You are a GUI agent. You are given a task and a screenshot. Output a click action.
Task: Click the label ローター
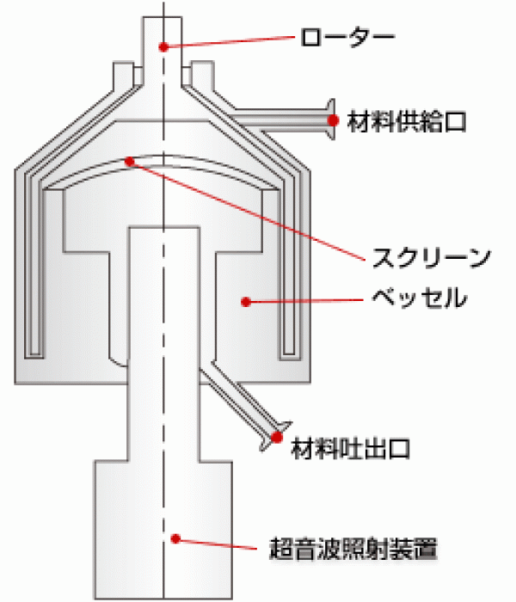pyautogui.click(x=347, y=37)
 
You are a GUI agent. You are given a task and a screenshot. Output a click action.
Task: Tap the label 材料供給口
pyautogui.click(x=407, y=122)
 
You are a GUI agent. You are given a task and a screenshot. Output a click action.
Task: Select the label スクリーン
pyautogui.click(x=432, y=257)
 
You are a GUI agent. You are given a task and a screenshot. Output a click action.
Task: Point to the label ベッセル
pyautogui.click(x=420, y=298)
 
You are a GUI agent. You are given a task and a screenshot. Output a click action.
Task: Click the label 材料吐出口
pyautogui.click(x=351, y=448)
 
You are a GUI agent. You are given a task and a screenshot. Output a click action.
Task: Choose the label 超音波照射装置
pyautogui.click(x=353, y=549)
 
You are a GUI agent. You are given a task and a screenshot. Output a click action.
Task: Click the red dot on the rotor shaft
pyautogui.click(x=164, y=46)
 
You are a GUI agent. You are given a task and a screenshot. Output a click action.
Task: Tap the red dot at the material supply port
pyautogui.click(x=334, y=120)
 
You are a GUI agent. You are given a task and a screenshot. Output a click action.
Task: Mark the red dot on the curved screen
pyautogui.click(x=130, y=162)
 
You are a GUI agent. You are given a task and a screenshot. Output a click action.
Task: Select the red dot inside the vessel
pyautogui.click(x=246, y=302)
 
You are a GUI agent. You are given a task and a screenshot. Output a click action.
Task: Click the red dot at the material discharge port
pyautogui.click(x=276, y=437)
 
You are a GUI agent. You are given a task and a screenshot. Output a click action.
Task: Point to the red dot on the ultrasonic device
pyautogui.click(x=175, y=538)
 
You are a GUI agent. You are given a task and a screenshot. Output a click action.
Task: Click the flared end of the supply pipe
pyautogui.click(x=331, y=119)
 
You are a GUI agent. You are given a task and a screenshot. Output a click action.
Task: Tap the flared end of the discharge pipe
pyautogui.click(x=276, y=436)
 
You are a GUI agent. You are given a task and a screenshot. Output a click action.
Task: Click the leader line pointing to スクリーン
pyautogui.click(x=248, y=211)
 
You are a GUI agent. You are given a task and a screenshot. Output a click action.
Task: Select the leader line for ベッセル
pyautogui.click(x=304, y=301)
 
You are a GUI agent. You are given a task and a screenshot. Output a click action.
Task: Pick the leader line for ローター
pyautogui.click(x=230, y=42)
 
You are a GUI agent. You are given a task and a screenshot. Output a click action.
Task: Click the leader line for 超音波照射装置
pyautogui.click(x=216, y=544)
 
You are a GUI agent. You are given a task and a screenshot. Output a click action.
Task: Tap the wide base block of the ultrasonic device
pyautogui.click(x=163, y=530)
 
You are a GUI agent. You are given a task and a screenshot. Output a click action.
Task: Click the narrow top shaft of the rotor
pyautogui.click(x=163, y=50)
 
